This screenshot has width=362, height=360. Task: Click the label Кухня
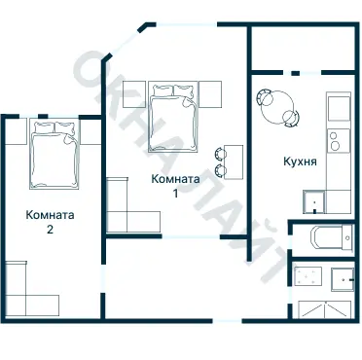[299, 162]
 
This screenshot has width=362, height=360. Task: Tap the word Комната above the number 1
[176, 179]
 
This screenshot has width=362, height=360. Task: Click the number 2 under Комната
[50, 231]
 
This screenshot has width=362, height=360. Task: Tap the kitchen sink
[313, 202]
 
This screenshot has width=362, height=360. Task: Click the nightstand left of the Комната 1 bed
[135, 94]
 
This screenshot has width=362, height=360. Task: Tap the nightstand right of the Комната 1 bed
[212, 94]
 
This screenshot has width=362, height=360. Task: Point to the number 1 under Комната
[176, 194]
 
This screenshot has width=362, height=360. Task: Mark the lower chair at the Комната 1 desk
[221, 170]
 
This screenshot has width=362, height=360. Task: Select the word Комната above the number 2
[51, 215]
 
